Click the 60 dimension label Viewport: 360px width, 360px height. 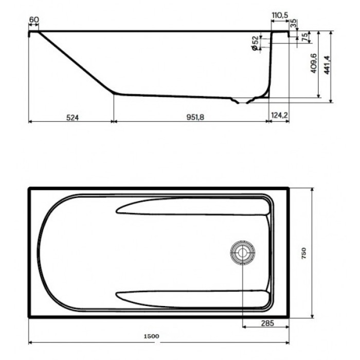(34, 20)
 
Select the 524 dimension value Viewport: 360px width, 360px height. (72, 117)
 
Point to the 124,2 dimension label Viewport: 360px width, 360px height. (279, 117)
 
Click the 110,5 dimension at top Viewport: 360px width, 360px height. (279, 16)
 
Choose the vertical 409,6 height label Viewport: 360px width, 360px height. (313, 64)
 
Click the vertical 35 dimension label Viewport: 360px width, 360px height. (294, 24)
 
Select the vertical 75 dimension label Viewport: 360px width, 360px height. (304, 38)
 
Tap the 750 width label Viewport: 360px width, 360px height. (304, 253)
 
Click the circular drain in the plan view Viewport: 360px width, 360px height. (241, 252)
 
